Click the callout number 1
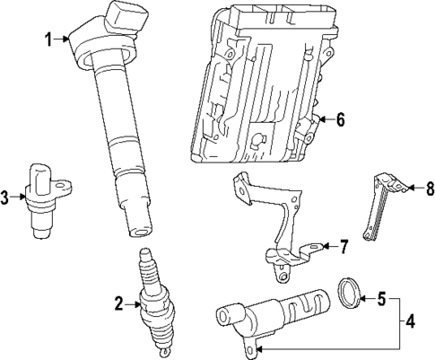[48, 38]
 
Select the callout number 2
[118, 303]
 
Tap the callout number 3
[5, 197]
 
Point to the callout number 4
[410, 320]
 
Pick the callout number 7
[342, 245]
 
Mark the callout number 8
[430, 189]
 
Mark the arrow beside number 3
[19, 197]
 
